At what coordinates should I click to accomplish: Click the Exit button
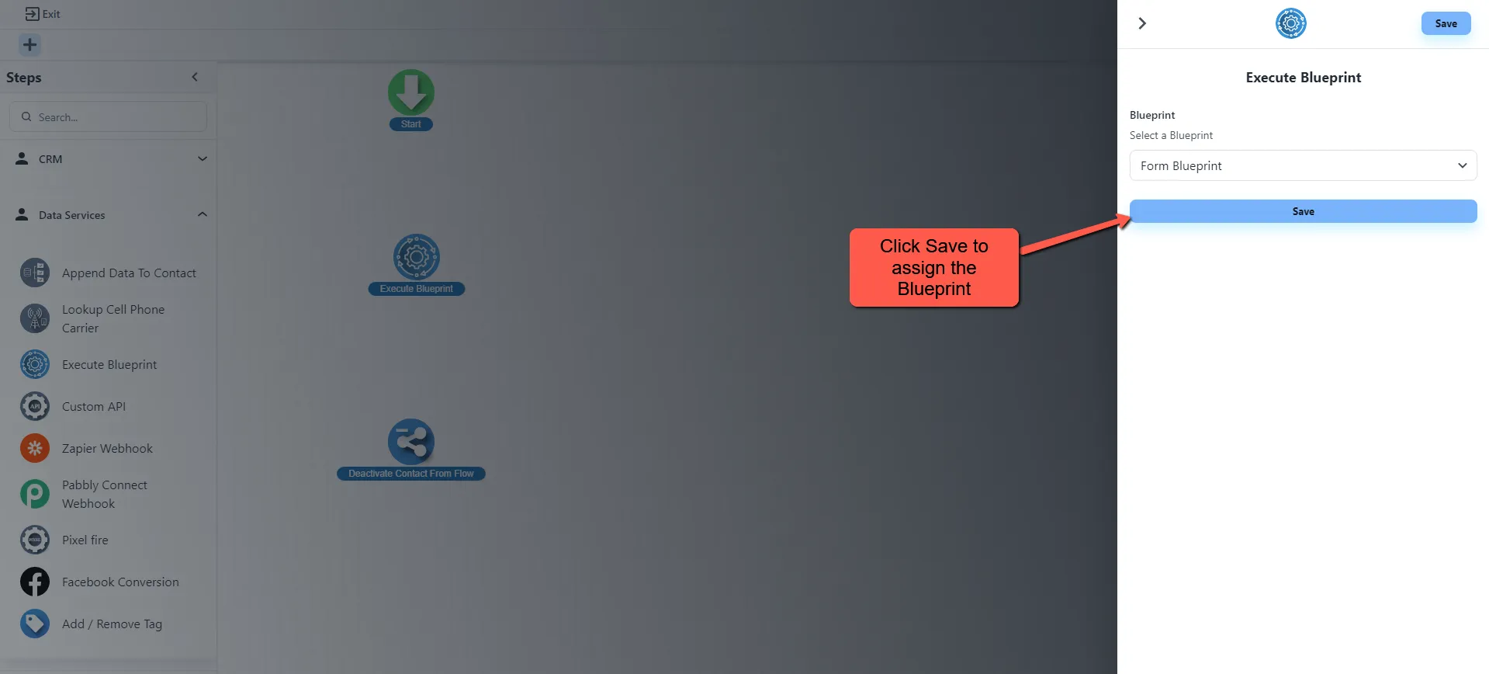43,14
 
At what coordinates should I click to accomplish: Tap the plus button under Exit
29,45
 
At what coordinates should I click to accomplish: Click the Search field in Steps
109,117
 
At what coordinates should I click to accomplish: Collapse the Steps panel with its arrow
195,77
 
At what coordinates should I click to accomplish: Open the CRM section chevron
203,158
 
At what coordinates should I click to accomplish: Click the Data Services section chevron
203,214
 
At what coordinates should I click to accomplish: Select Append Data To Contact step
128,273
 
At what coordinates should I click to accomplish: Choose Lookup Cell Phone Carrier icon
35,318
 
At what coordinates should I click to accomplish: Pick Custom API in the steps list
93,407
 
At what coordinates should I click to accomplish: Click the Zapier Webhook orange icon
35,448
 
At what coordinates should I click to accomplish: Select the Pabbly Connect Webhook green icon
35,494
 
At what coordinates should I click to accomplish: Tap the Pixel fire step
85,540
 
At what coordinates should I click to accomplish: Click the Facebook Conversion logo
35,582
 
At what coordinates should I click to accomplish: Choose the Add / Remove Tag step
112,624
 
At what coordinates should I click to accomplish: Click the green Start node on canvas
411,93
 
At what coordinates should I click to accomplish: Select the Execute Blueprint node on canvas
417,258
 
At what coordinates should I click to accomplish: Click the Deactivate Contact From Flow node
411,443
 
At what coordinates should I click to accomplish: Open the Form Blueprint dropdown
1303,165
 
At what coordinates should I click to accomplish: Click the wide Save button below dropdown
1303,211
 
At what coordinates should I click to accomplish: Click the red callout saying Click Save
933,267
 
